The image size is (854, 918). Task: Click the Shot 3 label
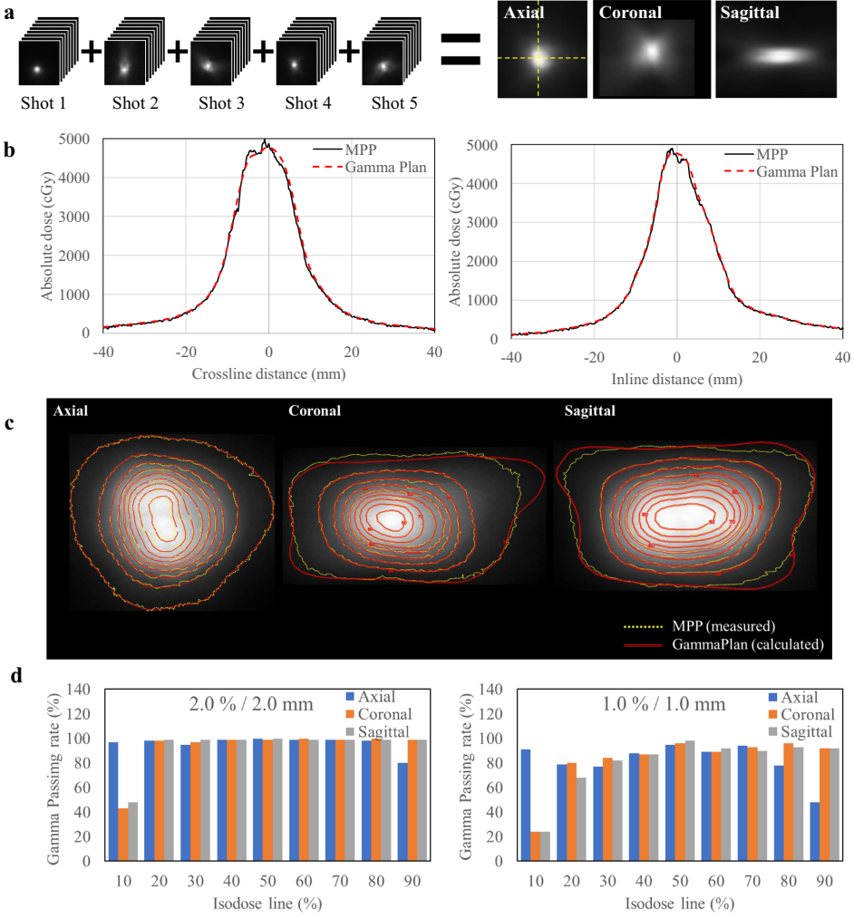[x=221, y=103]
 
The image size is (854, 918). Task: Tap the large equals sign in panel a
[x=462, y=51]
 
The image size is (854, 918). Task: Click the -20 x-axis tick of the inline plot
[x=594, y=358]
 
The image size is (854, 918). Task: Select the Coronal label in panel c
[x=314, y=411]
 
